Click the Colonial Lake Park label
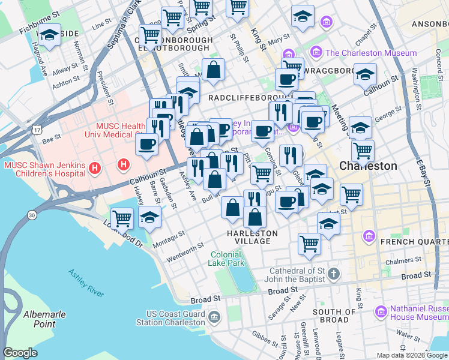tap(227, 259)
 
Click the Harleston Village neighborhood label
tap(252, 237)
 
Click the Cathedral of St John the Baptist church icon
tap(334, 275)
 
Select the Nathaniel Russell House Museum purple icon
tap(380, 311)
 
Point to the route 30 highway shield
tap(31, 215)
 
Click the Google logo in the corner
tap(20, 353)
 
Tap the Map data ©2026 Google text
tap(412, 355)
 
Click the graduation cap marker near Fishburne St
tap(49, 35)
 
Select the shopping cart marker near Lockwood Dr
tap(122, 218)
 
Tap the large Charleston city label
tap(368, 166)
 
